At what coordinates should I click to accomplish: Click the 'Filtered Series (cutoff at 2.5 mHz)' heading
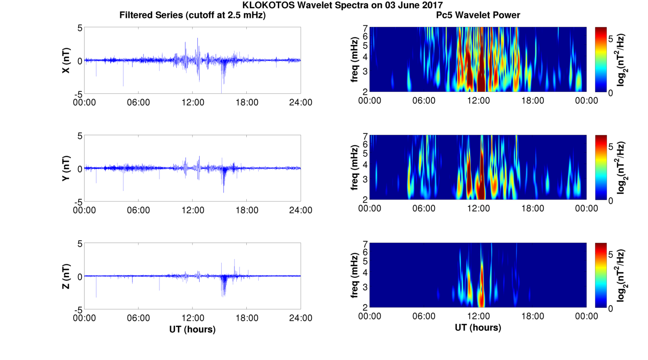(x=192, y=15)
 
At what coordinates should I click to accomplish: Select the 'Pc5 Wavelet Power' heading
(x=478, y=15)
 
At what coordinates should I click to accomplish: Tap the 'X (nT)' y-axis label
(x=66, y=60)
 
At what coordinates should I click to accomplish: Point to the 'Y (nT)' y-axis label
(x=66, y=168)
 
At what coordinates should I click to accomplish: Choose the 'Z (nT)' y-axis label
(x=66, y=276)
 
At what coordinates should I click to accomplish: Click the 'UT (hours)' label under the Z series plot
(x=192, y=329)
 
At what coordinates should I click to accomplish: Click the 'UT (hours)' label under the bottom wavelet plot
(x=478, y=328)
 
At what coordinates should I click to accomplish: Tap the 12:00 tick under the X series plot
(x=193, y=102)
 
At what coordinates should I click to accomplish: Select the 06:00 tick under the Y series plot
(x=138, y=210)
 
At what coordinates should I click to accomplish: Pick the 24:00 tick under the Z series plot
(x=301, y=318)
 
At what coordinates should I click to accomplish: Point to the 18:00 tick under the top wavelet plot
(x=532, y=101)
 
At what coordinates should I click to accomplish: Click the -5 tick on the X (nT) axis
(x=78, y=94)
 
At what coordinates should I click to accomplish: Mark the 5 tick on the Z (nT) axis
(x=80, y=244)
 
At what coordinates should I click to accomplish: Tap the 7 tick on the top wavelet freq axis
(x=366, y=28)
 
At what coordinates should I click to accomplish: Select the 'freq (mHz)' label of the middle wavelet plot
(x=354, y=167)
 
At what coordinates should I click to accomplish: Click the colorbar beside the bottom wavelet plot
(x=600, y=275)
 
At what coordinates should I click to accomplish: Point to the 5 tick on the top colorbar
(x=611, y=39)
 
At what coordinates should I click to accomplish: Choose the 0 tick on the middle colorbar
(x=611, y=201)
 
